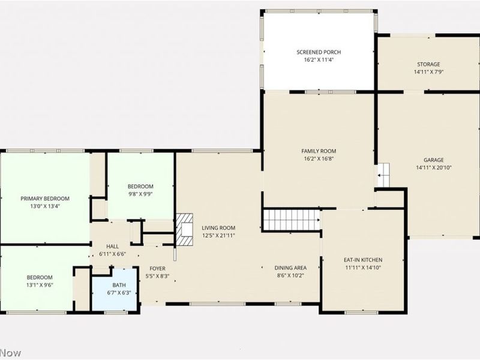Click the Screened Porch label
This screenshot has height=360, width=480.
(319, 52)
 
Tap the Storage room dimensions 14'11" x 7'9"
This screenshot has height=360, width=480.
(428, 72)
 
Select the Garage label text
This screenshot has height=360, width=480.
(433, 160)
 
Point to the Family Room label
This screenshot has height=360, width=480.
(319, 151)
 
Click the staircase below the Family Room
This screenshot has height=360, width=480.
(292, 220)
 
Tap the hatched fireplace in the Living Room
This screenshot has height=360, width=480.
(184, 229)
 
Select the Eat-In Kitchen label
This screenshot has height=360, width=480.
(363, 260)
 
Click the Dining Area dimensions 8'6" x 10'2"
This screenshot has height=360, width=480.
(291, 276)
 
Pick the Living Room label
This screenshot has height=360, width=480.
(218, 228)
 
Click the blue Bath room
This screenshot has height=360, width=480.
(115, 293)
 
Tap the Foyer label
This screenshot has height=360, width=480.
(158, 268)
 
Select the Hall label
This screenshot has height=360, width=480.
(113, 247)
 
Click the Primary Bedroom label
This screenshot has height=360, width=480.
(45, 199)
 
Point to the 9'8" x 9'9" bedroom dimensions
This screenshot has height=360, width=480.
(140, 194)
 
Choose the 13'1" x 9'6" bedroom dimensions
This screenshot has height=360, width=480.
(40, 285)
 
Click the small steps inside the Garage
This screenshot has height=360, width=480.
(383, 174)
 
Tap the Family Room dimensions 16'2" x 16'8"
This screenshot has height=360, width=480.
(319, 159)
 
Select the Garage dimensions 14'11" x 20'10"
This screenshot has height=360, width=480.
(433, 167)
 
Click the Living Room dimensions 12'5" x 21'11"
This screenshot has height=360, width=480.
(218, 235)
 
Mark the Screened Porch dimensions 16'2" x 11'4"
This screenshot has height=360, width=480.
(319, 60)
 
